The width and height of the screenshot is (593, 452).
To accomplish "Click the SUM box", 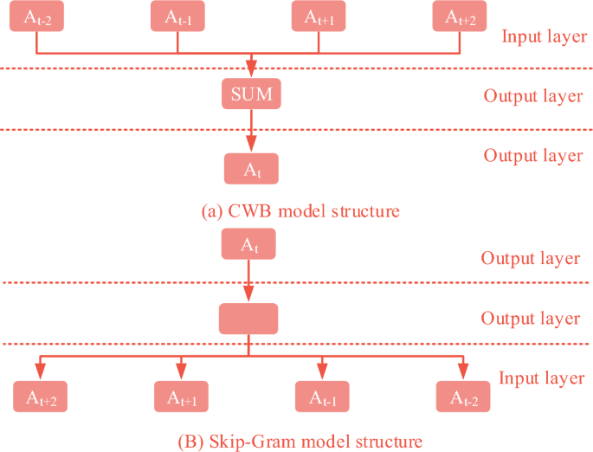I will tap(251, 94).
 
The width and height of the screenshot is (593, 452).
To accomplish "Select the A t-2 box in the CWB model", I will tap(36, 16).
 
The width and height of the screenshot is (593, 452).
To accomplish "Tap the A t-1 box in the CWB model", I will tap(177, 16).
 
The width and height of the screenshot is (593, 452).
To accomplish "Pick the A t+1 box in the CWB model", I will tap(319, 16).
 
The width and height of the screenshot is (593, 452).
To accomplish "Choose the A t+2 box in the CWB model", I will tap(460, 16).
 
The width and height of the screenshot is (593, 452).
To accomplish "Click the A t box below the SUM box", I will tap(251, 169).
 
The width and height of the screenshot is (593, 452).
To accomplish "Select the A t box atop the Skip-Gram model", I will tap(248, 244).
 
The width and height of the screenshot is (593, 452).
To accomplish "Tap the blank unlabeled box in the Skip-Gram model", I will tap(248, 319).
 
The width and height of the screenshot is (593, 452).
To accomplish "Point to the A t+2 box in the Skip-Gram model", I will tap(41, 397).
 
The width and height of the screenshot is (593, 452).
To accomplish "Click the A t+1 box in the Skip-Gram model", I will tap(182, 397).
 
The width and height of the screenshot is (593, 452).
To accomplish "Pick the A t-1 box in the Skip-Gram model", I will tap(322, 397).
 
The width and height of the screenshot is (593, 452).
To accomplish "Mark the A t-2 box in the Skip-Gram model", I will tap(463, 397).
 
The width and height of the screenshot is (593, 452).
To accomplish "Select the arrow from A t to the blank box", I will tap(248, 281).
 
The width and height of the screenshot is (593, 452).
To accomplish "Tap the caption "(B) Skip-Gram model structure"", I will tap(300, 441).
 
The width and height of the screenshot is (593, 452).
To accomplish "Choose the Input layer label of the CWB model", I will tap(544, 37).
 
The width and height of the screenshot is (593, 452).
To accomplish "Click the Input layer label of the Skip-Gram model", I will tap(541, 378).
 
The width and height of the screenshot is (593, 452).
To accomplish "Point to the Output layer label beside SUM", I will tap(533, 95).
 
